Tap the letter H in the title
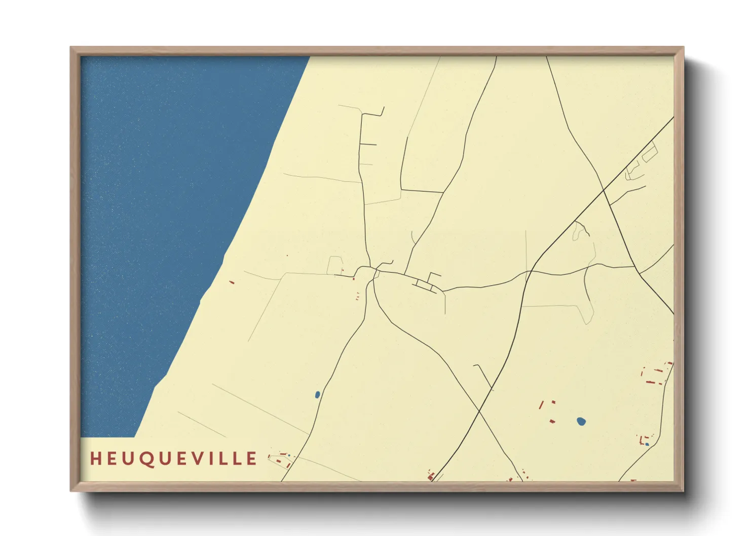(95, 458)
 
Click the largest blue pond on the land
(581, 421)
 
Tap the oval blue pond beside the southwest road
(317, 394)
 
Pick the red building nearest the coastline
(232, 282)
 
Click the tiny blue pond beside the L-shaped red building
(647, 444)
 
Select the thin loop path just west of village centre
(334, 265)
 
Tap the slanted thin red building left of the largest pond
(541, 405)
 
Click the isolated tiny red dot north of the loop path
(287, 255)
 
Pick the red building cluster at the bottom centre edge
(431, 476)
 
